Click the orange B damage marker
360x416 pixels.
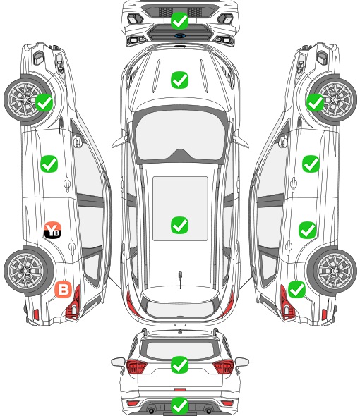tap(64, 289)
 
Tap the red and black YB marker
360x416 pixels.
tap(53, 230)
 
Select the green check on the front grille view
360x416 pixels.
tap(179, 20)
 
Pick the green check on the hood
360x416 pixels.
tap(179, 80)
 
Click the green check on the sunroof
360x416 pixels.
tap(179, 225)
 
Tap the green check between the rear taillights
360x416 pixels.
tap(179, 365)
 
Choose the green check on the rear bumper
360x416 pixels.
tap(179, 405)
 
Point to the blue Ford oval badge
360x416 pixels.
tap(180, 35)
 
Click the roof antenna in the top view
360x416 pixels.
tap(180, 276)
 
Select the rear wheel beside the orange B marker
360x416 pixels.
tap(28, 271)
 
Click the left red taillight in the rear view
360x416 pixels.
tap(136, 367)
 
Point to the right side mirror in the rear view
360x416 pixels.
tap(242, 362)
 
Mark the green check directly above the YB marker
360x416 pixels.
tap(49, 164)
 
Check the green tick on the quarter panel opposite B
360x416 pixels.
tap(296, 289)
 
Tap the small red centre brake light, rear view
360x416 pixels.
tap(180, 389)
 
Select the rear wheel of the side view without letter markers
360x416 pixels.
tap(332, 271)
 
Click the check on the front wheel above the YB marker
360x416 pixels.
tap(44, 103)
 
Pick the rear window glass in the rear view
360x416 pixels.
tap(180, 350)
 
